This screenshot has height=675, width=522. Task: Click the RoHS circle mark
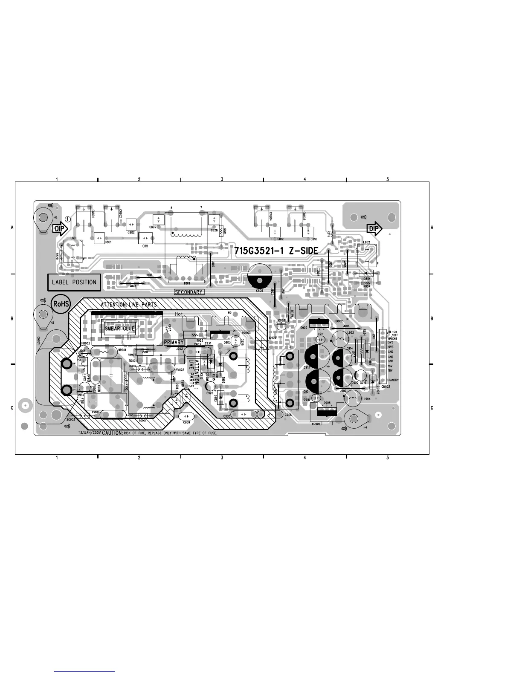pyautogui.click(x=61, y=303)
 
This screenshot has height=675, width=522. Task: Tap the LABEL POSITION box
pyautogui.click(x=74, y=282)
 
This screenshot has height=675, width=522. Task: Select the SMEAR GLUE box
pyautogui.click(x=120, y=329)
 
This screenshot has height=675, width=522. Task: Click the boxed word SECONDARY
pyautogui.click(x=189, y=292)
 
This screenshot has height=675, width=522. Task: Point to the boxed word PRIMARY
pyautogui.click(x=174, y=342)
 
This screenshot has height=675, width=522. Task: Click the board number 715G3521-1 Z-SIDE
pyautogui.click(x=276, y=251)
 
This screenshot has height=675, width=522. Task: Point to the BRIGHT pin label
pyautogui.click(x=392, y=339)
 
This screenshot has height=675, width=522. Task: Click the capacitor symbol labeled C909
pyautogui.click(x=186, y=416)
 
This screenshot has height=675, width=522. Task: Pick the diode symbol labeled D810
pyautogui.click(x=366, y=273)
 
